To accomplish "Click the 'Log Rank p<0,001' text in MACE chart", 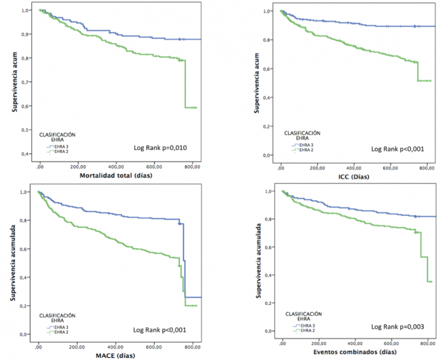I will pyautogui.click(x=160, y=329).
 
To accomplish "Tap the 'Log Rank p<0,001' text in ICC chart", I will pyautogui.click(x=396, y=149).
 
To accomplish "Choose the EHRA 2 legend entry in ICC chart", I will pyautogui.click(x=304, y=150).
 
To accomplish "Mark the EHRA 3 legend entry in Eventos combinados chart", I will pyautogui.click(x=304, y=326).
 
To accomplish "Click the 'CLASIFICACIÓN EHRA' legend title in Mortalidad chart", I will pyautogui.click(x=58, y=136).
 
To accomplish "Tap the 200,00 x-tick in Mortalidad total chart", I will pyautogui.click(x=78, y=166).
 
